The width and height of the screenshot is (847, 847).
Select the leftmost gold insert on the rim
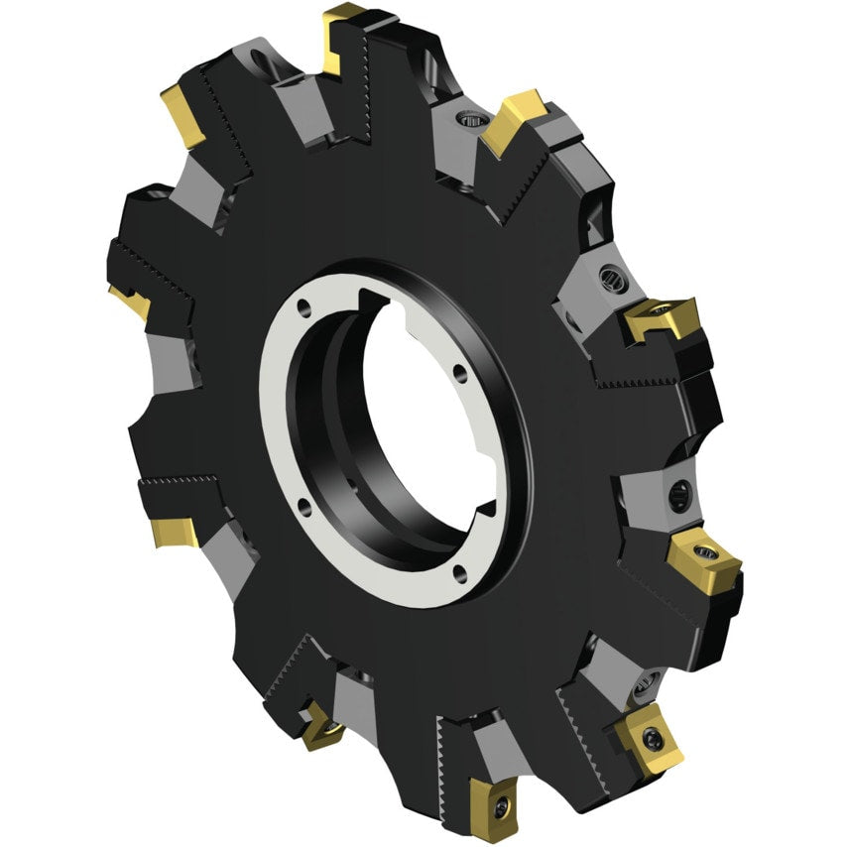point(132,299)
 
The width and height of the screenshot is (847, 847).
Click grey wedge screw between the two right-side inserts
point(679,492)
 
